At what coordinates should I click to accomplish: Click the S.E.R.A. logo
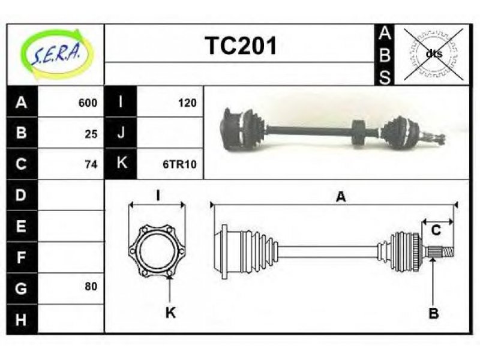click(x=55, y=54)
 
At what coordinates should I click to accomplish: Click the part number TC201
click(x=241, y=46)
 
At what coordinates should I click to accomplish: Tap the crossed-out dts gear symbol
click(x=433, y=55)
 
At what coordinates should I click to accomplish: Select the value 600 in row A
click(x=88, y=103)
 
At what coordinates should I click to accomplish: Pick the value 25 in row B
click(x=91, y=134)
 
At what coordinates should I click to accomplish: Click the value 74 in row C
click(x=91, y=164)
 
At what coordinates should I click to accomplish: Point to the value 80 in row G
click(x=91, y=286)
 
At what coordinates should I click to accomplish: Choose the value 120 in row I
click(x=187, y=103)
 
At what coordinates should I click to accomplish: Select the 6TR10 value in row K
click(x=179, y=164)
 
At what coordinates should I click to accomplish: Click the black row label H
click(x=22, y=320)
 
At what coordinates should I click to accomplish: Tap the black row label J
click(x=121, y=133)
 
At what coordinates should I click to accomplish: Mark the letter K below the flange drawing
click(x=170, y=313)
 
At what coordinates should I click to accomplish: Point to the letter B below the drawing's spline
click(x=433, y=313)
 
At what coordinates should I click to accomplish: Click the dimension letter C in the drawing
click(x=436, y=230)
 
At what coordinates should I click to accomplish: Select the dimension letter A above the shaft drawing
click(x=341, y=197)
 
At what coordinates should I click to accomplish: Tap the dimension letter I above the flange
click(x=158, y=195)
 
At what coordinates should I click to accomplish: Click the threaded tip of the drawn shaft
click(x=448, y=252)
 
